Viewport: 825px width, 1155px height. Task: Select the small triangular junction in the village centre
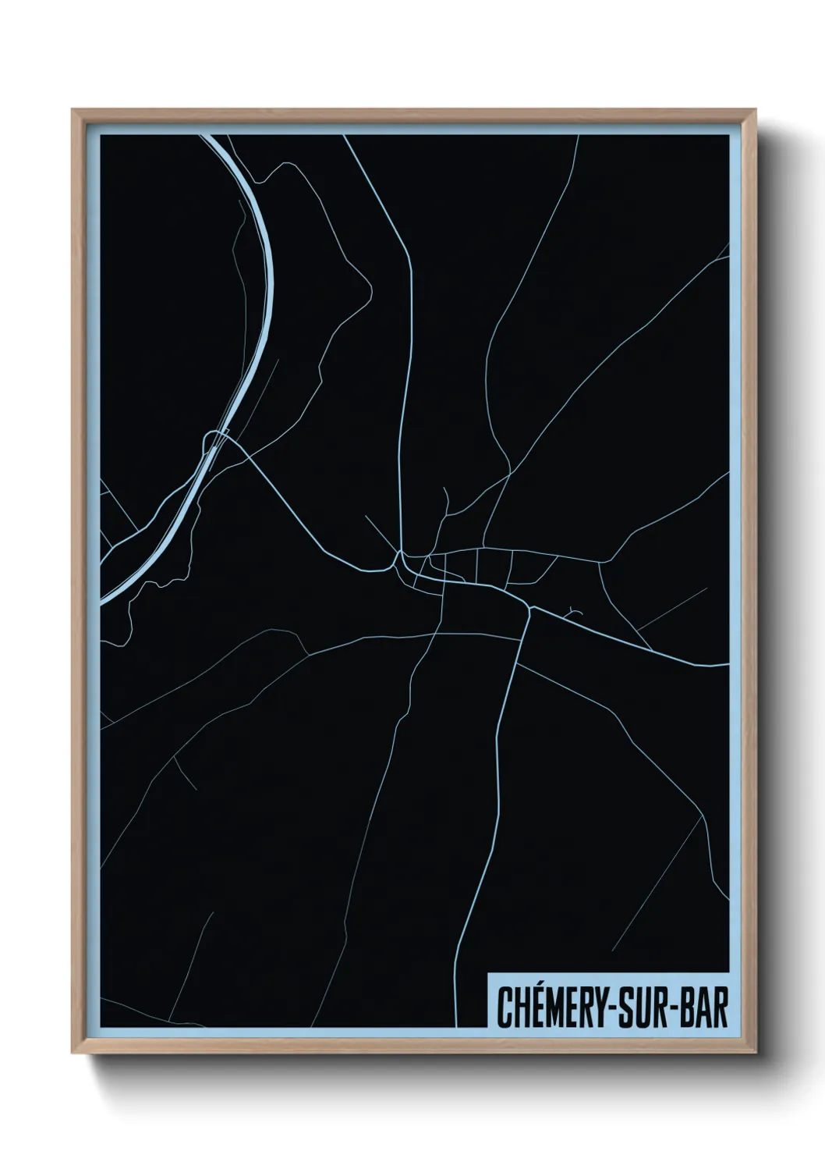point(399,559)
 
